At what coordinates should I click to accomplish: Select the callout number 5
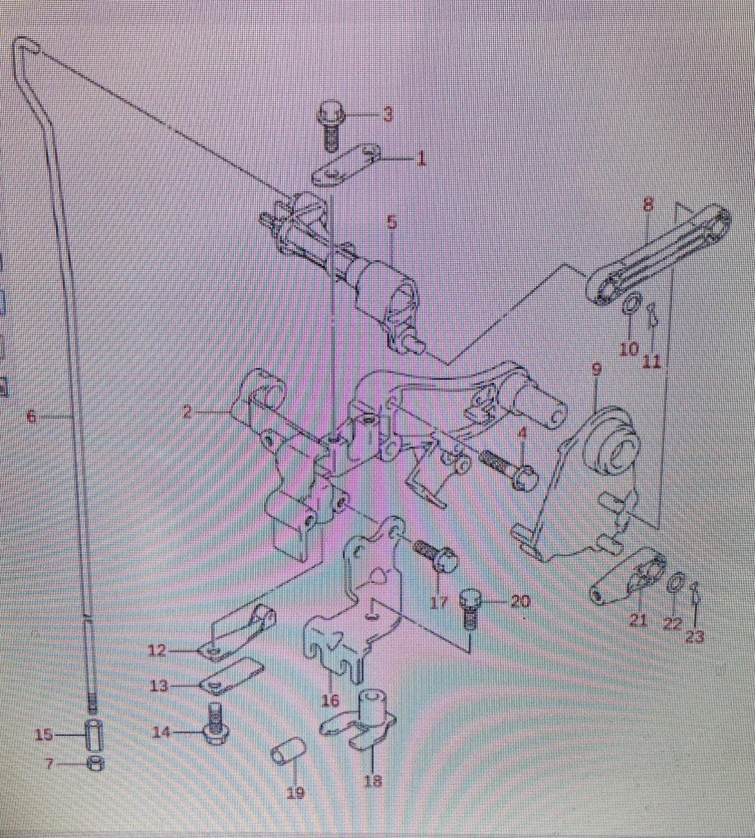(391, 222)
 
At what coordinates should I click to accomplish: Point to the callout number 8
(648, 204)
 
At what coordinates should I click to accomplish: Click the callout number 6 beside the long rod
(31, 417)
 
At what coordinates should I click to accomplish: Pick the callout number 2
(187, 412)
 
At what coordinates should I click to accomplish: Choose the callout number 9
(596, 369)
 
